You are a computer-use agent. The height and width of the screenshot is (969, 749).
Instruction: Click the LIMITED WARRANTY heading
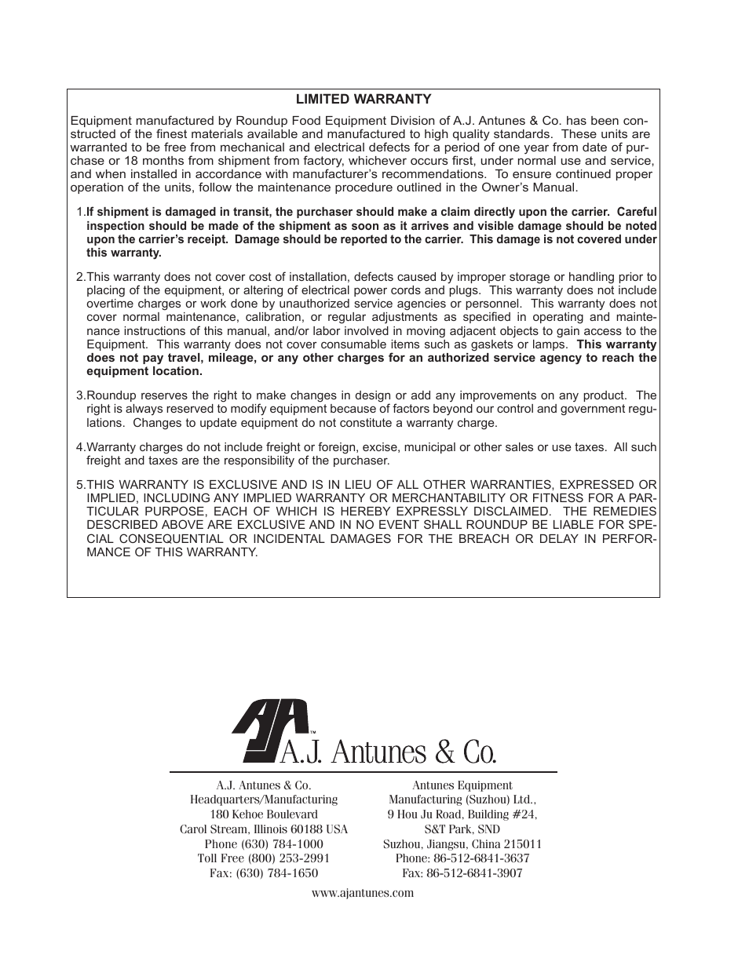pyautogui.click(x=363, y=99)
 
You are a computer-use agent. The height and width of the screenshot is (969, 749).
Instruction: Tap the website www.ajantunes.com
pyautogui.click(x=363, y=893)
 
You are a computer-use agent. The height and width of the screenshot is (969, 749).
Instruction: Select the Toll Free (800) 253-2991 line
pyautogui.click(x=264, y=858)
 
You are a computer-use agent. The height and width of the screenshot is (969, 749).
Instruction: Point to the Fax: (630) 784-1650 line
pyautogui.click(x=264, y=872)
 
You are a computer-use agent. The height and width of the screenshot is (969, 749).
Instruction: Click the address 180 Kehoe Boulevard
pyautogui.click(x=264, y=814)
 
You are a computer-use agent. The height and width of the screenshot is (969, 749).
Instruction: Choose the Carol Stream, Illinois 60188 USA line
pyautogui.click(x=264, y=829)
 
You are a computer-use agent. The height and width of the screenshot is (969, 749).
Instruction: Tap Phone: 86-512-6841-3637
pyautogui.click(x=462, y=858)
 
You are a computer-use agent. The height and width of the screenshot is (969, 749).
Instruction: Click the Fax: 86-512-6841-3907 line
pyautogui.click(x=462, y=872)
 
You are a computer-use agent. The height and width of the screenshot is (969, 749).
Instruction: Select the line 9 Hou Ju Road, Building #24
pyautogui.click(x=462, y=814)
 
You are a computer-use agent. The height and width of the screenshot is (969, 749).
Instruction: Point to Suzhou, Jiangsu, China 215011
pyautogui.click(x=462, y=844)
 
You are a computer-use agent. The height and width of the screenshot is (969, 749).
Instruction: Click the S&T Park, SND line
pyautogui.click(x=462, y=829)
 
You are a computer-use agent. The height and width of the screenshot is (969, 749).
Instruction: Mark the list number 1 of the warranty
pyautogui.click(x=80, y=212)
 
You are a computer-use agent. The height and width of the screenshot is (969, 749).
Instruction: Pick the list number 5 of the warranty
pyautogui.click(x=80, y=484)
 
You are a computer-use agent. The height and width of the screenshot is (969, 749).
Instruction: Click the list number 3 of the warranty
pyautogui.click(x=80, y=395)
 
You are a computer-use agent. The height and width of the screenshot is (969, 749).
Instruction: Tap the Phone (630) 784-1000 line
pyautogui.click(x=264, y=844)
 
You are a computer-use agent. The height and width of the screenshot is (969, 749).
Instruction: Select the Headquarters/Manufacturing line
pyautogui.click(x=264, y=800)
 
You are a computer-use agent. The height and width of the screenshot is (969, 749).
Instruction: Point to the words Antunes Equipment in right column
pyautogui.click(x=462, y=785)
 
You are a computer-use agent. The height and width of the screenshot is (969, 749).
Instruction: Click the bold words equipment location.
pyautogui.click(x=144, y=371)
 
